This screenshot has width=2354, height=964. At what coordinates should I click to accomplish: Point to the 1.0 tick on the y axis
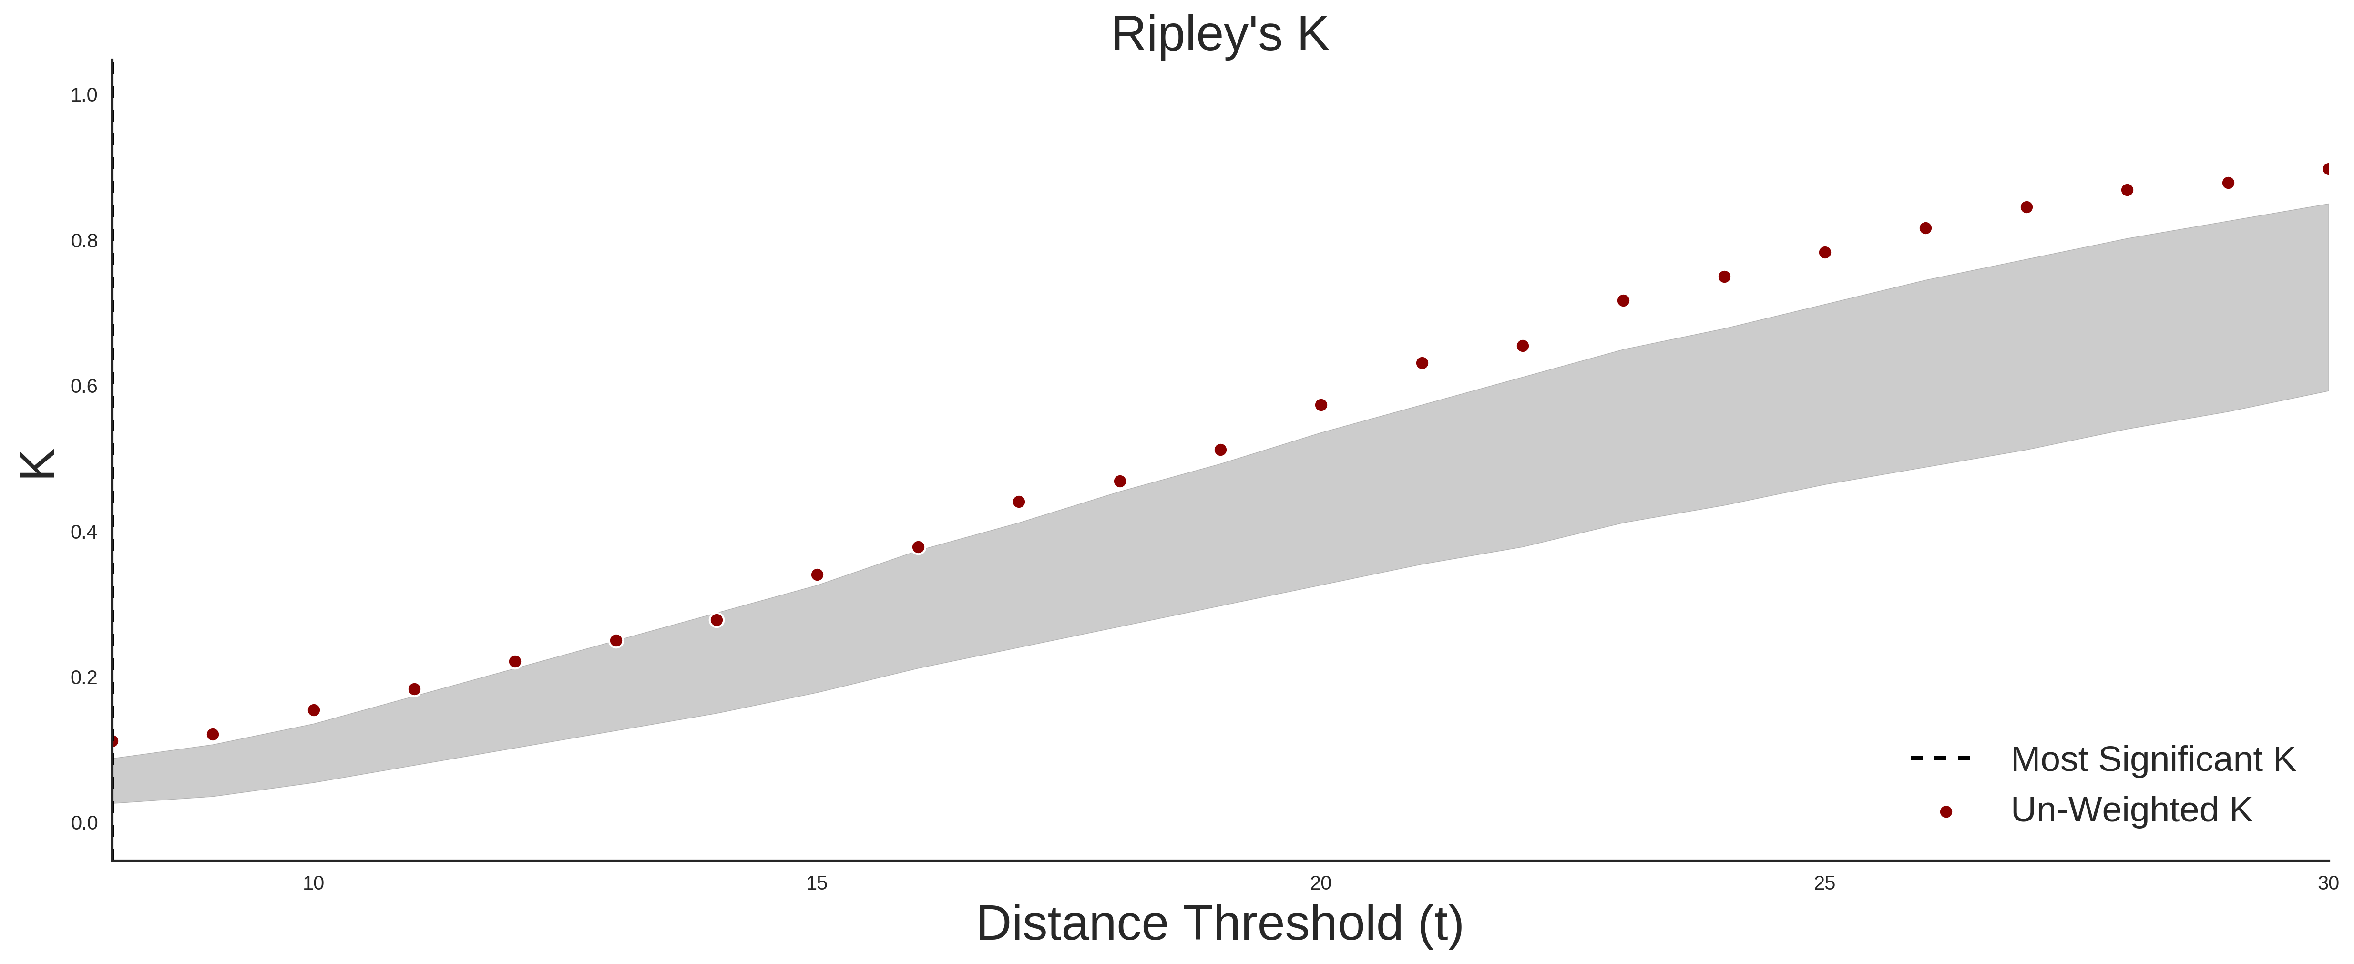[x=84, y=95]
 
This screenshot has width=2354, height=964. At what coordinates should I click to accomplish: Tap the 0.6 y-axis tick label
[x=84, y=387]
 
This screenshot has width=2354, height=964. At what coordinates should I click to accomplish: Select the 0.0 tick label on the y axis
[x=84, y=823]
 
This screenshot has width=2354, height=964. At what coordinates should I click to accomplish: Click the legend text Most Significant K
[x=2153, y=759]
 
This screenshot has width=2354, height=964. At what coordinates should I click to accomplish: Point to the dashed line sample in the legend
[x=1940, y=759]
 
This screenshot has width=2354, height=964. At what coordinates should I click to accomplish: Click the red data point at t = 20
[x=1320, y=405]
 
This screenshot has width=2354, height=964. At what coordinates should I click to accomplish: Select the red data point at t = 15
[x=817, y=575]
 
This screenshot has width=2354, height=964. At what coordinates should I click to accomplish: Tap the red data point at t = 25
[x=1825, y=252]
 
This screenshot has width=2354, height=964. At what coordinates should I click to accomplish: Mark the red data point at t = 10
[x=314, y=710]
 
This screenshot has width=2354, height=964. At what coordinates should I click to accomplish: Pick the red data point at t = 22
[x=1523, y=345]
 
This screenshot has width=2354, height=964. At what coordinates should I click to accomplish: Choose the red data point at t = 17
[x=1019, y=502]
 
